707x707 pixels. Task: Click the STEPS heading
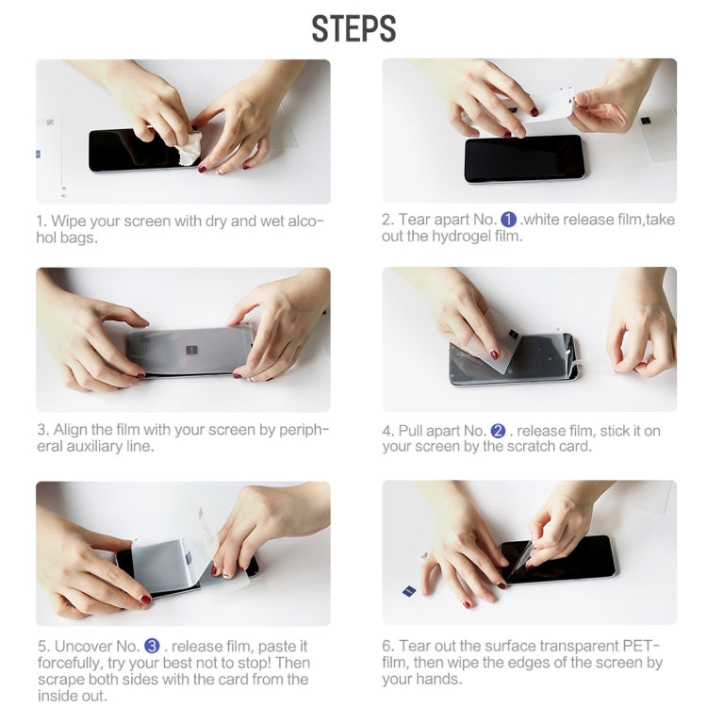coord(353,28)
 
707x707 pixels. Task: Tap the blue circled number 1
coord(508,220)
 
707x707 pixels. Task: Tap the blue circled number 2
coord(498,431)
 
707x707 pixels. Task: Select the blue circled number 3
coord(152,646)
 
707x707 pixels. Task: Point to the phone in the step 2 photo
coord(524,159)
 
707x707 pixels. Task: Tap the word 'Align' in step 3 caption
coord(72,431)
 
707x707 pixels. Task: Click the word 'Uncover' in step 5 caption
coord(83,646)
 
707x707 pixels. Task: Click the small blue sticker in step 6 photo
coord(410,591)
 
